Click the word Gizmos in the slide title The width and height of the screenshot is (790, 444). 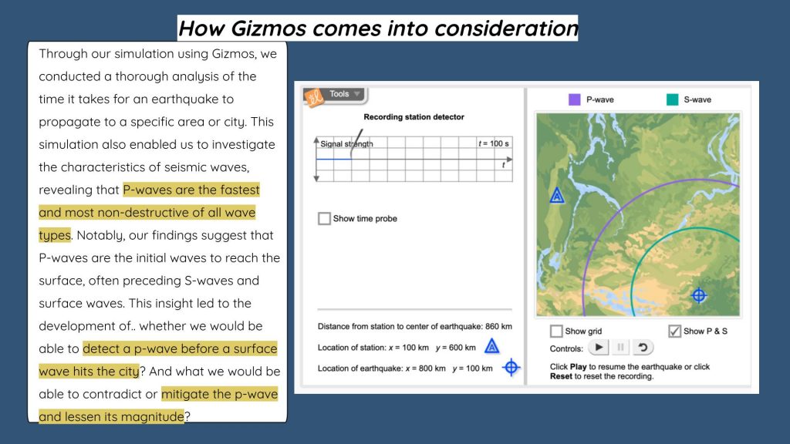268,29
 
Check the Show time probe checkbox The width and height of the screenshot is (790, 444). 325,218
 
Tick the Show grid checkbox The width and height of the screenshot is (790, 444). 556,331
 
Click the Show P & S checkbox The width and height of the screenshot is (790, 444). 674,331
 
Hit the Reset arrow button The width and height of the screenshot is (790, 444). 643,348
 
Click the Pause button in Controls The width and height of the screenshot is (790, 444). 620,348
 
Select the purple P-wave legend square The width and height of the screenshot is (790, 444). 574,99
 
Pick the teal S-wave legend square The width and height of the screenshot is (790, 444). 672,99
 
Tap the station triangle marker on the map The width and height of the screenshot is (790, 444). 557,195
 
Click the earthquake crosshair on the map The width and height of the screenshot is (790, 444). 699,295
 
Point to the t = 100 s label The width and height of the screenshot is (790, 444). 493,143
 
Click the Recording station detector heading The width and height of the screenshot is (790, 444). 414,117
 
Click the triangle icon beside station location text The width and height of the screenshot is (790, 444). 491,346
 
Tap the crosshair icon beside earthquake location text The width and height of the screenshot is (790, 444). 511,368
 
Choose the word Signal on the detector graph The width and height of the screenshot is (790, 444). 331,144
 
